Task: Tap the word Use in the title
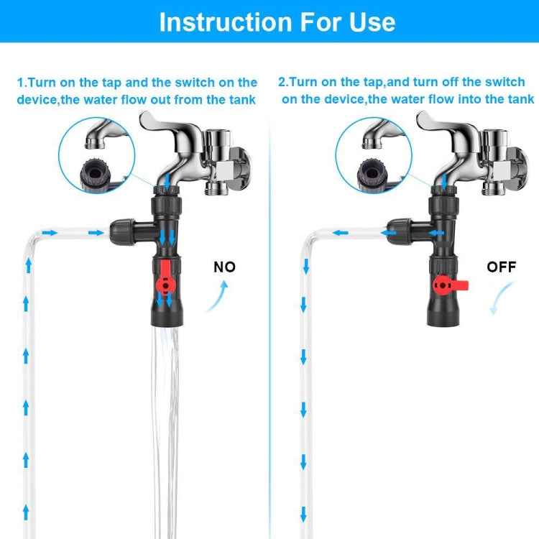[369, 22]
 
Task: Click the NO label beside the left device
[224, 267]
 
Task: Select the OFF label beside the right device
[502, 267]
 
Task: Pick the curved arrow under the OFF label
[502, 298]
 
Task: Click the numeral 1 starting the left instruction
[21, 83]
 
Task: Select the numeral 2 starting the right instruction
[282, 83]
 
